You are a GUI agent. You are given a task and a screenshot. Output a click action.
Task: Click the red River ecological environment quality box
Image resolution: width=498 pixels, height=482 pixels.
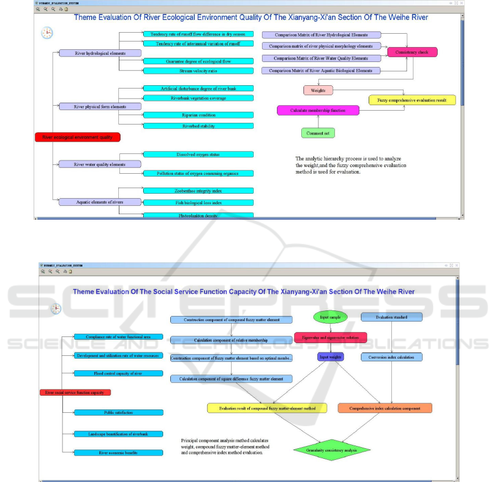click(x=77, y=137)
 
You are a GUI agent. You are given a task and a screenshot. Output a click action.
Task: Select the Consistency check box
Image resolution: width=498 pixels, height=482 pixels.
click(x=412, y=52)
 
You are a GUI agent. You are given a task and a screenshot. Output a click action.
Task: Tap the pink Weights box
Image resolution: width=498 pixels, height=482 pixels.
click(x=318, y=90)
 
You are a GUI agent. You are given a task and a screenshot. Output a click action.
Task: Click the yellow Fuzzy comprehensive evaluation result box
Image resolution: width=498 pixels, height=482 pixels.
click(x=412, y=100)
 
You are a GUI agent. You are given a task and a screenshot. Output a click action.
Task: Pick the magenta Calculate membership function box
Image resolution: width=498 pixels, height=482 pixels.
click(x=317, y=111)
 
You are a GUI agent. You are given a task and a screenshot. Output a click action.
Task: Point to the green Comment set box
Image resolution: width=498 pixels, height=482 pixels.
click(x=318, y=133)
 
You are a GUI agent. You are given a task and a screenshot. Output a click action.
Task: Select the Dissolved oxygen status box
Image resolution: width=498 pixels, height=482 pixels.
click(x=198, y=154)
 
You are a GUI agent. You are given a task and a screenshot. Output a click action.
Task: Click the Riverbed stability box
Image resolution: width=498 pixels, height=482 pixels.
click(x=198, y=126)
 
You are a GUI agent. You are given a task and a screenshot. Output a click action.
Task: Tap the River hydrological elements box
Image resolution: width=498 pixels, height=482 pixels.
click(x=100, y=53)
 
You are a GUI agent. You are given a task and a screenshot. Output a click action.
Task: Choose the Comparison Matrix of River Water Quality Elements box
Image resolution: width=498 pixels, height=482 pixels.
click(x=321, y=58)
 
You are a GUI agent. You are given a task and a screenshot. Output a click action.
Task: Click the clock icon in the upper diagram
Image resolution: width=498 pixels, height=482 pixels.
click(x=48, y=33)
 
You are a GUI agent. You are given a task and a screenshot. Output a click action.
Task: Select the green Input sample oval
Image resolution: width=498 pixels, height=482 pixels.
click(x=331, y=317)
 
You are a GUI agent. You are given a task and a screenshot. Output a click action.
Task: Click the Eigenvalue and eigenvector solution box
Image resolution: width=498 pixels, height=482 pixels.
click(x=330, y=338)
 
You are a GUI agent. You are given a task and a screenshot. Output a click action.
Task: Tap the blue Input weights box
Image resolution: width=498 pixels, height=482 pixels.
click(x=331, y=357)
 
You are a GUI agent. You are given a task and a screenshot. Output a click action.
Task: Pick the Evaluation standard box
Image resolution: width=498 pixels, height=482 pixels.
click(x=391, y=317)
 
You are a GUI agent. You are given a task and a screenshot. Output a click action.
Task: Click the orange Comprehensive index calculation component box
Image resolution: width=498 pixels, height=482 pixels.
click(x=384, y=408)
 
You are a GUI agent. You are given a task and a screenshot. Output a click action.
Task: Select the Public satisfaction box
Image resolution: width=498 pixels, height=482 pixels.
click(x=118, y=412)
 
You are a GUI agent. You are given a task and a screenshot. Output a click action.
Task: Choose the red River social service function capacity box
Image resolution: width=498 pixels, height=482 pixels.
click(x=75, y=392)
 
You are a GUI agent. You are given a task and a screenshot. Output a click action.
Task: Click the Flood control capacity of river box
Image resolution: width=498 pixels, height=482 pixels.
click(x=118, y=374)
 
